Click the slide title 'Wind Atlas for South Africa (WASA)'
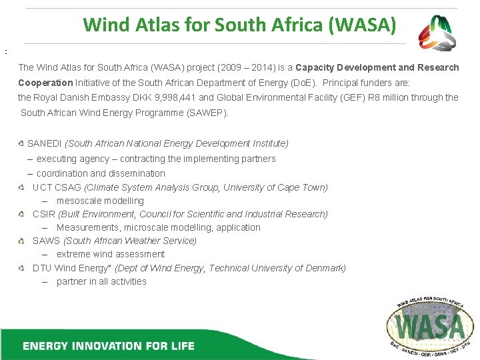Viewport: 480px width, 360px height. (x=239, y=25)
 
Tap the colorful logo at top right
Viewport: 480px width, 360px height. (x=437, y=33)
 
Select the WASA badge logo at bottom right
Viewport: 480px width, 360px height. (x=431, y=325)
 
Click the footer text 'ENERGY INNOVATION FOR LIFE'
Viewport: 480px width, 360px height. (x=109, y=345)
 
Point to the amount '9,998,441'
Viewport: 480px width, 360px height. (x=176, y=97)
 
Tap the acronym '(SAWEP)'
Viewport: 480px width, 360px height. (x=206, y=113)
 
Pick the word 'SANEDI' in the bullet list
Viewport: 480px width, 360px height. (x=45, y=143)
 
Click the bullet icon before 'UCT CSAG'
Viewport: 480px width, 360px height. (x=22, y=187)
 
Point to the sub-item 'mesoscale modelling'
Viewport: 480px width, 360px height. (x=100, y=201)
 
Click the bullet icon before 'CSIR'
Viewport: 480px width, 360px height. (x=22, y=214)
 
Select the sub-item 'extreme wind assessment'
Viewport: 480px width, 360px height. (x=111, y=254)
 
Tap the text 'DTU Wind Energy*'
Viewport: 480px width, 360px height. (x=73, y=268)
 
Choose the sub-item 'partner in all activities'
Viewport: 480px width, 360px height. (x=101, y=281)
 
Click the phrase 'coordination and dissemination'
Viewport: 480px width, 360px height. (x=101, y=173)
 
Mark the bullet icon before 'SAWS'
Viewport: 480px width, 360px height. (x=22, y=241)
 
